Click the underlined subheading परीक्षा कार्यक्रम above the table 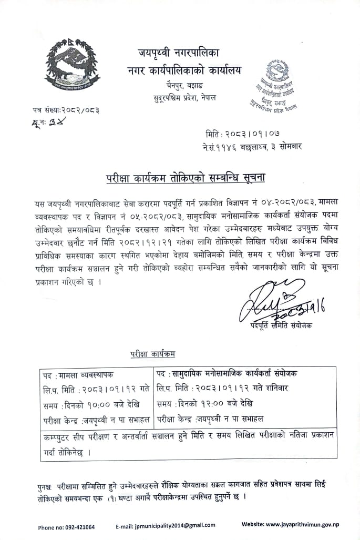[153, 354]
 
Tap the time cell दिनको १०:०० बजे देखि [92, 405]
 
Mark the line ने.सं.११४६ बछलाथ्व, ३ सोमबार [254, 147]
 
